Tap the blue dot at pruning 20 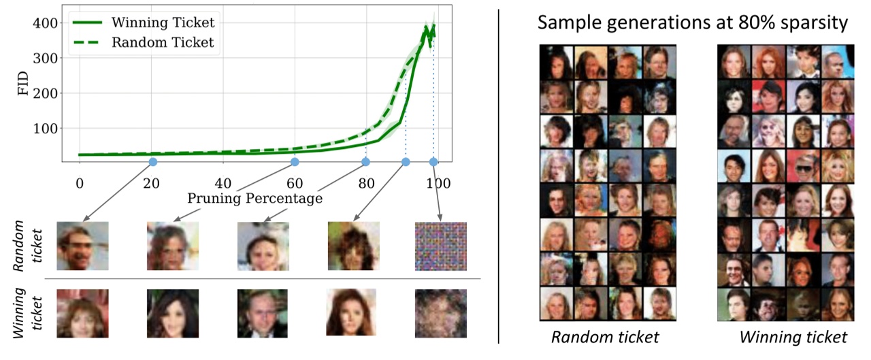click(152, 162)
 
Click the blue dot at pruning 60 click(295, 162)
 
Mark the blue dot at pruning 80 click(366, 162)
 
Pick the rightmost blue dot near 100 click(433, 162)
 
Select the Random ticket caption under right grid click(606, 337)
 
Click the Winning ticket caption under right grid click(793, 337)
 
